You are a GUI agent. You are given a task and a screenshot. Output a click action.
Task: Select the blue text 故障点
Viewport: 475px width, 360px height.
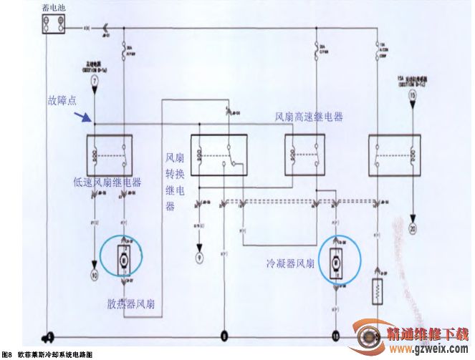click(x=63, y=101)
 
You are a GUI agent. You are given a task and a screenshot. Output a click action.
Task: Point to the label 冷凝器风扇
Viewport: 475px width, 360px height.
click(x=289, y=263)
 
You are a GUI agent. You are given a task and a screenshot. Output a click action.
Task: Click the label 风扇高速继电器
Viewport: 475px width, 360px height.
click(x=309, y=117)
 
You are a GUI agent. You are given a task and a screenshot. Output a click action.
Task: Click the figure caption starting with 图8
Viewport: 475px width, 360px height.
click(x=47, y=355)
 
